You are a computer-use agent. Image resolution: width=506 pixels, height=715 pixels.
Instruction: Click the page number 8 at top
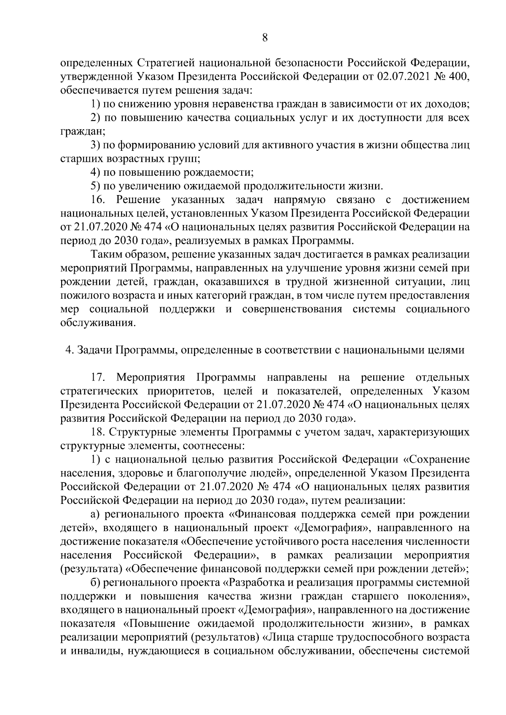pyautogui.click(x=264, y=38)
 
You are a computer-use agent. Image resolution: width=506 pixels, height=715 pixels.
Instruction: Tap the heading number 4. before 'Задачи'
pyautogui.click(x=70, y=350)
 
